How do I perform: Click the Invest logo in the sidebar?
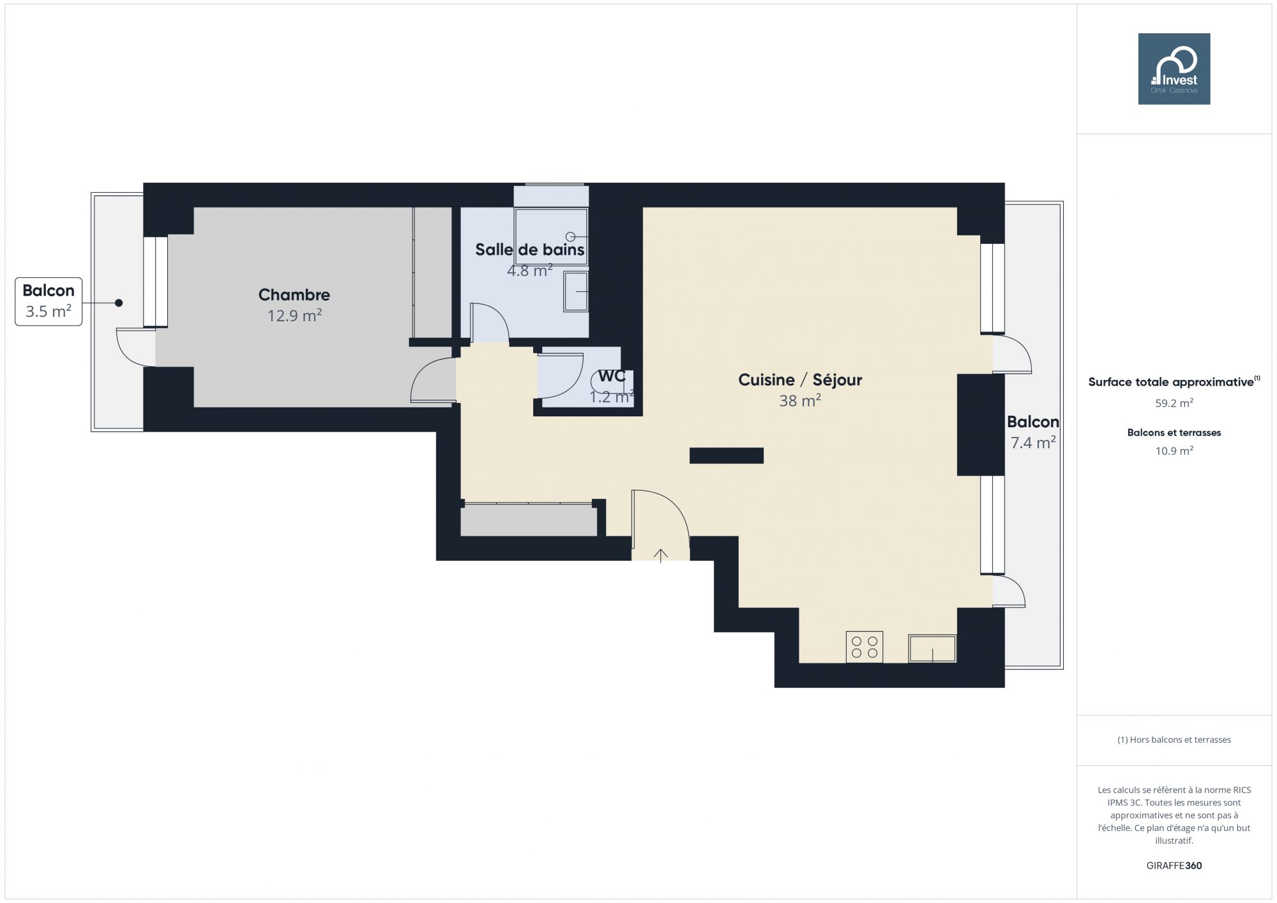pos(1174,69)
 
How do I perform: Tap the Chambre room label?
pos(294,294)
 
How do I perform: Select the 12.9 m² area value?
pos(294,315)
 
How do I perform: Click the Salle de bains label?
pos(529,250)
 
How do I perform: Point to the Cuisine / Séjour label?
pos(800,380)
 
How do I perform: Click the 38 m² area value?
pos(800,401)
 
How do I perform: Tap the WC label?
pos(611,376)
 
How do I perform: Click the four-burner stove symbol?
pos(865,647)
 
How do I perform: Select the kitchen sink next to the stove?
pos(932,648)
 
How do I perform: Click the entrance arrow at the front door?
pos(660,556)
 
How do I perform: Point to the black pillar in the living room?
pos(727,455)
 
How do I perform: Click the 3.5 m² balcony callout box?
pos(49,301)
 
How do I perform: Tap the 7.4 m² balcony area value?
pos(1032,443)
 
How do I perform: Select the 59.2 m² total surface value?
pos(1174,403)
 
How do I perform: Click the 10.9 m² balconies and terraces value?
pos(1174,451)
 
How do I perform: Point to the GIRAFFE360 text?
pos(1174,866)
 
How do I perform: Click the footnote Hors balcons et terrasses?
pos(1174,740)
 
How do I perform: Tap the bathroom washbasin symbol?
pos(576,292)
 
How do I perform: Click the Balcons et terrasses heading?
pos(1174,433)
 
